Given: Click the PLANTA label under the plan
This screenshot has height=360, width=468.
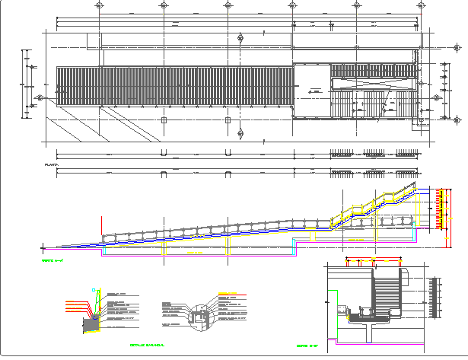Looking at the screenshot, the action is click(52, 164).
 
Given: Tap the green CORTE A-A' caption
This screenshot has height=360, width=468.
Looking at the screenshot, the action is click(51, 261).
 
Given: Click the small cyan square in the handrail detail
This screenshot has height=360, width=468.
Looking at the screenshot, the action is click(94, 290).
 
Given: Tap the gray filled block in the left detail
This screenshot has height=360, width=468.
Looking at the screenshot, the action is click(91, 324).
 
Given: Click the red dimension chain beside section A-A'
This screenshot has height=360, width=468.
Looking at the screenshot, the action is click(439, 208).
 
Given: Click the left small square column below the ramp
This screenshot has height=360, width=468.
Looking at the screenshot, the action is click(164, 120).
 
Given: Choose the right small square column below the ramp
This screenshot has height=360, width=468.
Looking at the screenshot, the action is click(228, 120).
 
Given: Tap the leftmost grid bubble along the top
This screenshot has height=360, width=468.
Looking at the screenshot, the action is click(100, 5).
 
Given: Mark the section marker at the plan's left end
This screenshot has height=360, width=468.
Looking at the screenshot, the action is click(38, 98).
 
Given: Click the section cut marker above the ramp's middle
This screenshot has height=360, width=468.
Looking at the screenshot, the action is click(240, 37).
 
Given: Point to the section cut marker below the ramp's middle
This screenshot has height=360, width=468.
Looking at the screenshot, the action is click(240, 134).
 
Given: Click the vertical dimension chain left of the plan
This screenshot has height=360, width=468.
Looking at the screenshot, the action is click(26, 84).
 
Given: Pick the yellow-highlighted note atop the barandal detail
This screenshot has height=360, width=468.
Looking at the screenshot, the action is click(228, 294).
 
